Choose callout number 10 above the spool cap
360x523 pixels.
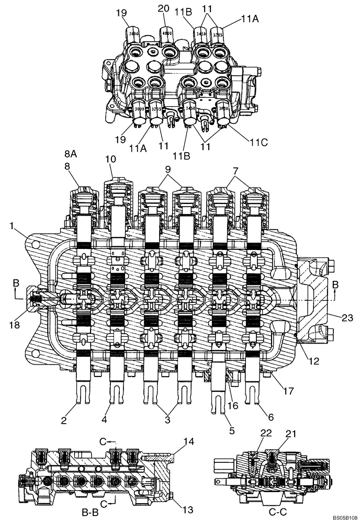point(110,158)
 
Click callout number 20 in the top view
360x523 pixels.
point(164,8)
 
